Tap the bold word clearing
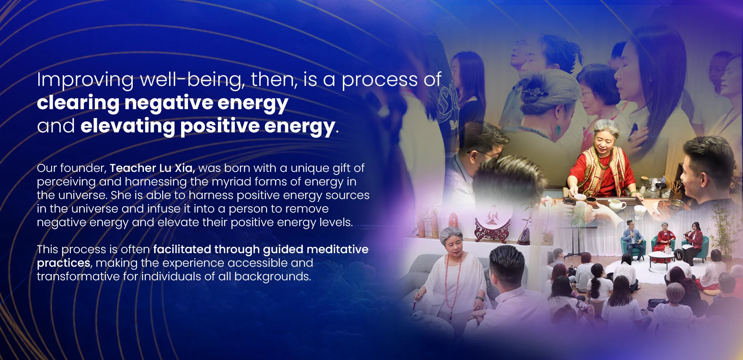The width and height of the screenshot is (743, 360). [78, 103]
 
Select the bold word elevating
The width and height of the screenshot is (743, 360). [128, 127]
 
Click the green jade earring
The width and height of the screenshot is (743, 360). [558, 129]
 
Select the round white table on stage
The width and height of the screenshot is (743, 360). [661, 255]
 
